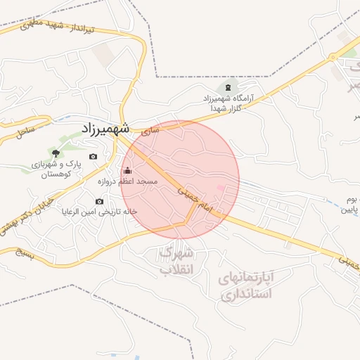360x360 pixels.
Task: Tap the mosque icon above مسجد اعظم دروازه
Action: click(x=127, y=170)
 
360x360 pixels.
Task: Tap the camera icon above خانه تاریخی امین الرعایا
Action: click(x=99, y=202)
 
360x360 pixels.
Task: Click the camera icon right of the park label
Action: click(x=93, y=156)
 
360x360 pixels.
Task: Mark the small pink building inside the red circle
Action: click(x=220, y=188)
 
